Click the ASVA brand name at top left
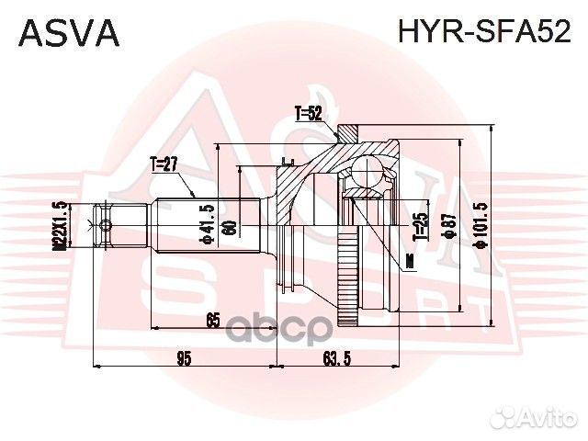(69, 33)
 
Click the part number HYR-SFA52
(484, 33)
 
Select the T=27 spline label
(163, 165)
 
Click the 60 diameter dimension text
(231, 226)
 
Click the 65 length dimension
(212, 320)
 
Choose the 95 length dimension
(184, 358)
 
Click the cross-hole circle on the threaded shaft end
(106, 226)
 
